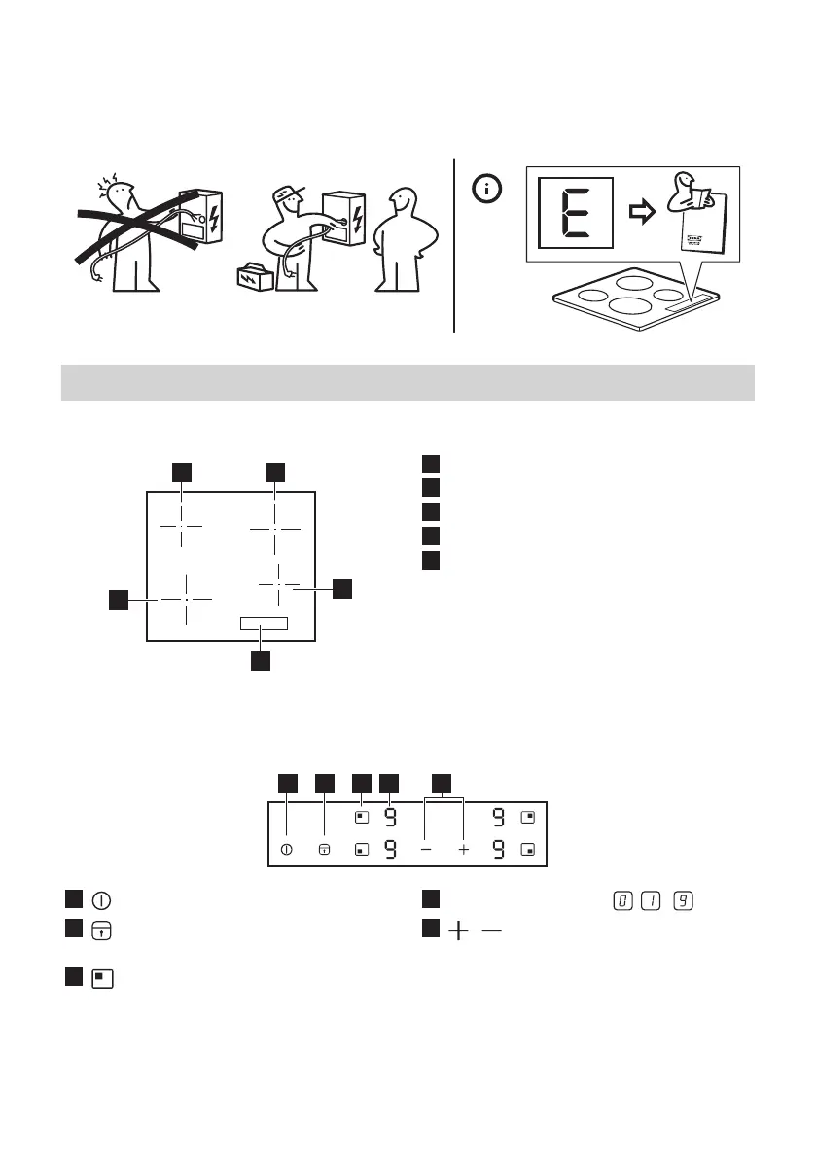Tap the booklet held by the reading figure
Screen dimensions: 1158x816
(697, 214)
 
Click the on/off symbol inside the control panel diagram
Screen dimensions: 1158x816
(286, 849)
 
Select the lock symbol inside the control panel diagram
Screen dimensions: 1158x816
(324, 849)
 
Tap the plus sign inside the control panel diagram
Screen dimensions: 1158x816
(464, 849)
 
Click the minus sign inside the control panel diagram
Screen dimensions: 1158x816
(426, 849)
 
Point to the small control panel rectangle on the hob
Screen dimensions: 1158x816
(265, 624)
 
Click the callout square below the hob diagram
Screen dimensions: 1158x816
(260, 661)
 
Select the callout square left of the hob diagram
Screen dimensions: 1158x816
(119, 600)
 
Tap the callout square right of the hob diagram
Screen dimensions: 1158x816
(342, 589)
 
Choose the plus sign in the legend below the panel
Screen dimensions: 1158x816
(457, 930)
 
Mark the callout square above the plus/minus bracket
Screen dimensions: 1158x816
(443, 782)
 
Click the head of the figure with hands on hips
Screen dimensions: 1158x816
(400, 206)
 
